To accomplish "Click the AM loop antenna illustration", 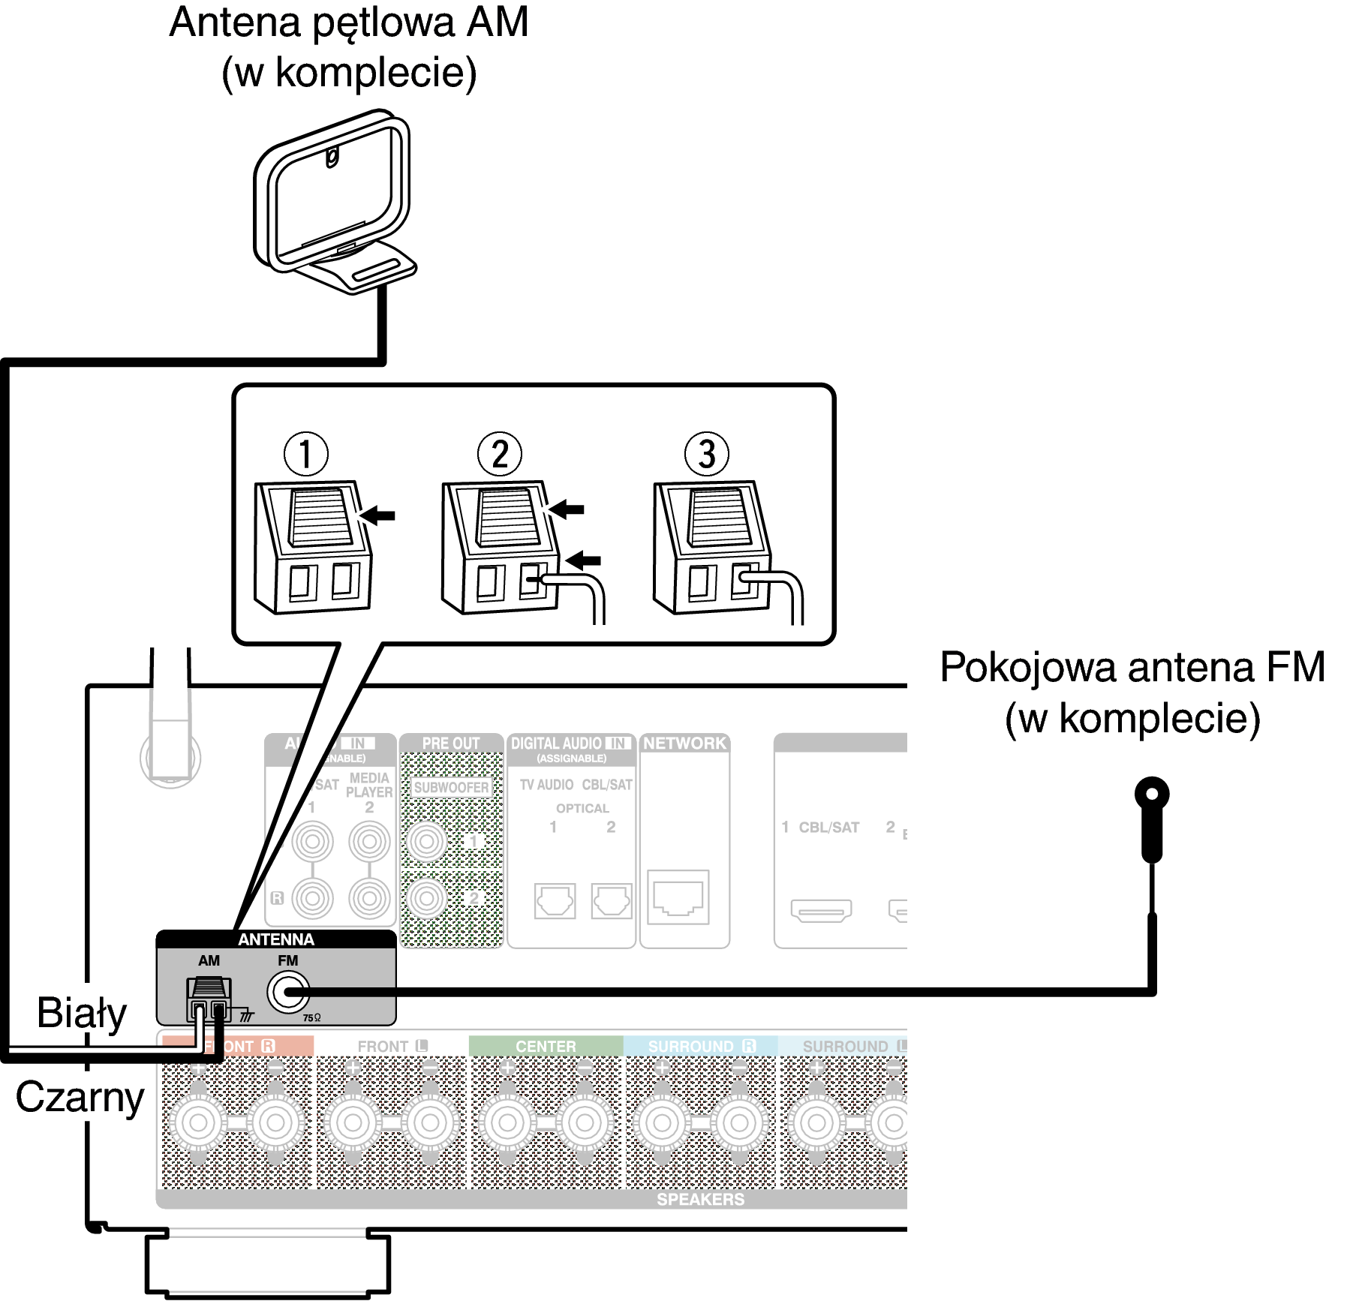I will pyautogui.click(x=334, y=203).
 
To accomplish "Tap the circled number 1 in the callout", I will pyautogui.click(x=305, y=454).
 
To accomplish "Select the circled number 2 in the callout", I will pyautogui.click(x=500, y=454).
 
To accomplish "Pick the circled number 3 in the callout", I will pyautogui.click(x=706, y=454).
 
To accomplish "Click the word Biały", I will pyautogui.click(x=82, y=1013).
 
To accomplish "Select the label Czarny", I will pyautogui.click(x=80, y=1098).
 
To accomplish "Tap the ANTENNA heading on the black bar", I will pyautogui.click(x=275, y=939).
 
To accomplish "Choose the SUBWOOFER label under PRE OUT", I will pyautogui.click(x=451, y=787).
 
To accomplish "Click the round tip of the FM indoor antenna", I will pyautogui.click(x=1152, y=795).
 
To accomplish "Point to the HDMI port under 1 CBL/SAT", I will pyautogui.click(x=821, y=910).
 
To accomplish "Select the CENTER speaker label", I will pyautogui.click(x=546, y=1046).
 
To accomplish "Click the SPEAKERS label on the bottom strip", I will pyautogui.click(x=700, y=1200).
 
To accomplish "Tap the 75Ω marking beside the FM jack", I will pyautogui.click(x=311, y=1018).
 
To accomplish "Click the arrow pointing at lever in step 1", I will pyautogui.click(x=378, y=515).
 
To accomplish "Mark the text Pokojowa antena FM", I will pyautogui.click(x=1132, y=667).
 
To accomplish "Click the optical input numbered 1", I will pyautogui.click(x=555, y=900).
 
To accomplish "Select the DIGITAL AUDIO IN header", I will pyautogui.click(x=570, y=744).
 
